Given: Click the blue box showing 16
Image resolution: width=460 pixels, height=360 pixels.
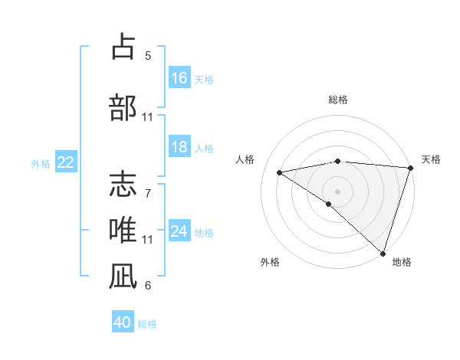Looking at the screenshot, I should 179,77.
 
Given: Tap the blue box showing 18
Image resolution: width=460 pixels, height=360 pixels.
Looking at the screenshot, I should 179,147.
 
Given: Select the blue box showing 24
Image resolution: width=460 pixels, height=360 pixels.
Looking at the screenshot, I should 179,231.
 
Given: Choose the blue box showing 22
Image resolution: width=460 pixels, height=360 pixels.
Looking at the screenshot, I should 66,162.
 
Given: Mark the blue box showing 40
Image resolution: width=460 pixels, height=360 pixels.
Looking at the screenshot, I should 123,322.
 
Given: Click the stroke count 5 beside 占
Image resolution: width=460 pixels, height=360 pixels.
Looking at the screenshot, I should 148,55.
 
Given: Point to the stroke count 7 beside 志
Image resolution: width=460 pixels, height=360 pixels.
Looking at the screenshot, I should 148,185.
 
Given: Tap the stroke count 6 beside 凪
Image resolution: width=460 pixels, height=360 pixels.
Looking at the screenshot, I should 148,286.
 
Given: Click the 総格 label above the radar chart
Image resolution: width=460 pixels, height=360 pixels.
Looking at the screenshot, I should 337,100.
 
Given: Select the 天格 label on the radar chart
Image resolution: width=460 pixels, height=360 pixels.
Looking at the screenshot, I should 431,159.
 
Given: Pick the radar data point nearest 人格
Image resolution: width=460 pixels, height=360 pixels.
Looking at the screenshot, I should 280,172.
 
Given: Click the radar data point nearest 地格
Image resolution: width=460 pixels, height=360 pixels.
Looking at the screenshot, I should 382,252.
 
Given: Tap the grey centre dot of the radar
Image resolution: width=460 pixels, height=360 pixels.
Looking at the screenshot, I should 337,190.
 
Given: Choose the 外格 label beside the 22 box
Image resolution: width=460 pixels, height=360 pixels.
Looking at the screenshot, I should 41,163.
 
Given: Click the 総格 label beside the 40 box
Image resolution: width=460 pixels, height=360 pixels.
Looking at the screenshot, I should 147,324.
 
